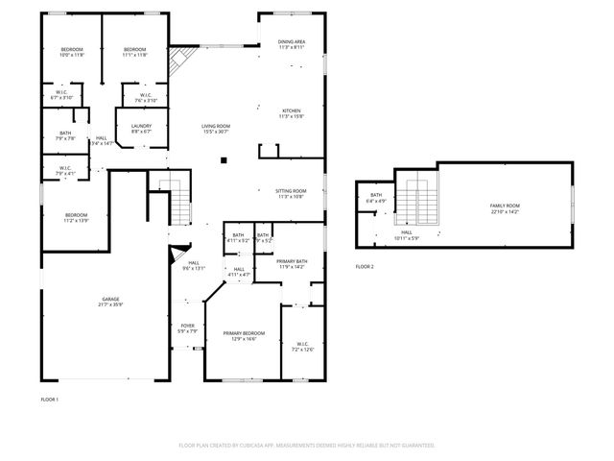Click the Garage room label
tap(110, 302)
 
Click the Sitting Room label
tap(291, 193)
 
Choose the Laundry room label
tap(129, 127)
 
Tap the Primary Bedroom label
tap(244, 335)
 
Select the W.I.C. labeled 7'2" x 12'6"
tap(302, 347)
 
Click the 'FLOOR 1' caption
tap(50, 399)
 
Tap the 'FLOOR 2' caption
tap(365, 266)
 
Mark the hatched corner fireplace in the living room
tap(177, 64)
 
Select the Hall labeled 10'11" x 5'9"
tap(407, 234)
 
